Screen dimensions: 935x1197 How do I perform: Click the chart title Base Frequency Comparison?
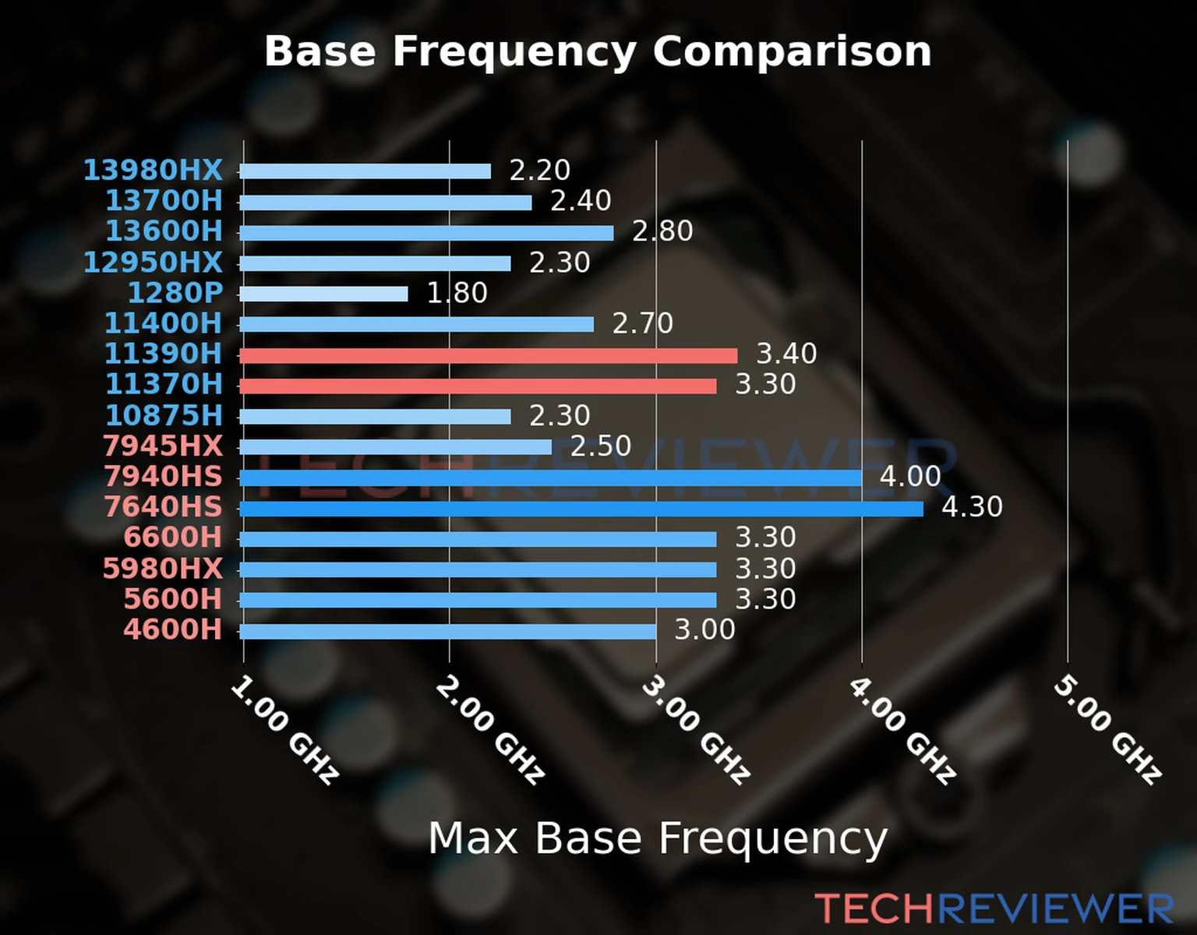[598, 51]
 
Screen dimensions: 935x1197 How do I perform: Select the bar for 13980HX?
[365, 171]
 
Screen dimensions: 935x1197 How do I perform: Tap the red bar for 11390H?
[488, 355]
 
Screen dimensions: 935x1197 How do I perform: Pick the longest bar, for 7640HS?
[581, 509]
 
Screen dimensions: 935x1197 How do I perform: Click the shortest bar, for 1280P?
[323, 294]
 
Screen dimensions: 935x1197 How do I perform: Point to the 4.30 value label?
[972, 507]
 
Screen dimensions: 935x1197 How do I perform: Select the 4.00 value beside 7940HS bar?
[910, 476]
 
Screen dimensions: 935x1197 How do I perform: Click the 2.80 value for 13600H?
[662, 231]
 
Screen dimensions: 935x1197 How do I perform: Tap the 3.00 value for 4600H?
[704, 630]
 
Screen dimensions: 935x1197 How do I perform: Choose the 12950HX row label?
[153, 263]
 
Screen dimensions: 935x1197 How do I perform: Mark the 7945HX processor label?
[163, 446]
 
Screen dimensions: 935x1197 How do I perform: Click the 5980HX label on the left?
[163, 569]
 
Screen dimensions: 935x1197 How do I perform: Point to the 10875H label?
[164, 415]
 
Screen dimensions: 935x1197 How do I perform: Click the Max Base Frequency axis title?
[658, 839]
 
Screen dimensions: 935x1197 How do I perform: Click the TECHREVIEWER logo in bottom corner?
[994, 909]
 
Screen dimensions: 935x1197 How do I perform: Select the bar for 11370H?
[478, 386]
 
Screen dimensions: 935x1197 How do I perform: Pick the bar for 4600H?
[447, 631]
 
